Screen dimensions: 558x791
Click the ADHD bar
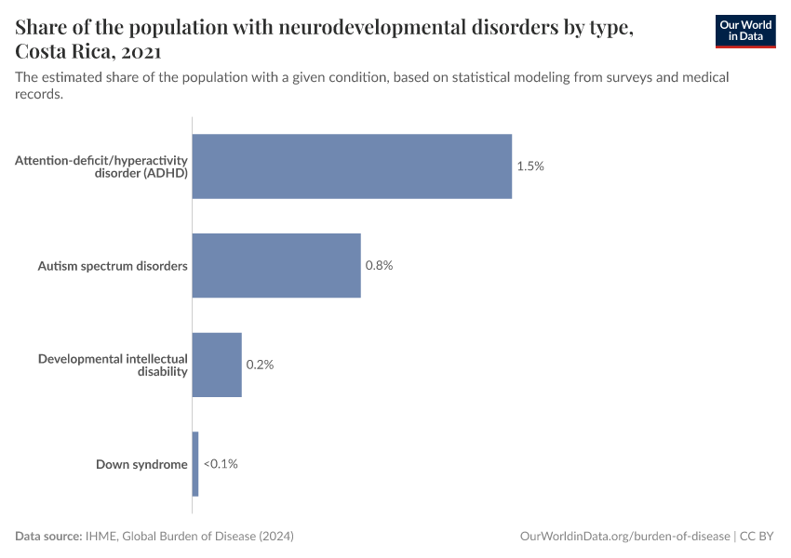pos(352,166)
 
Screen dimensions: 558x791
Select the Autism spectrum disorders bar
pos(276,265)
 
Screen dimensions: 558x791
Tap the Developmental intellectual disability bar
pos(217,365)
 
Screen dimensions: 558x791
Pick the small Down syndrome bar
pos(195,464)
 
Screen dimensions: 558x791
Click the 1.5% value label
pos(530,166)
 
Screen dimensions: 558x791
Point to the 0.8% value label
pos(379,265)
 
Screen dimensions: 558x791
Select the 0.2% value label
pos(260,365)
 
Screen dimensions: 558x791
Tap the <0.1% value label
pos(221,464)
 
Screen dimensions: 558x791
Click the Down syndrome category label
pos(141,464)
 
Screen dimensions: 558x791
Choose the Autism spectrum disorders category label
pos(113,266)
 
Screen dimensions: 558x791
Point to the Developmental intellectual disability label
pos(113,365)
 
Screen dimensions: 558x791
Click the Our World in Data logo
pos(745,31)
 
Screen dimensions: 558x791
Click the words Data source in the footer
pos(48,537)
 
